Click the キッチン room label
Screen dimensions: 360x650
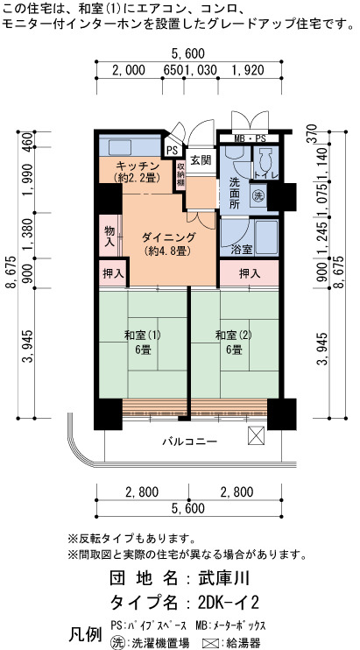138,166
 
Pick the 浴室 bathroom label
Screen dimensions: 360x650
242,250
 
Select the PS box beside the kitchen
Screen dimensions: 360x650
171,149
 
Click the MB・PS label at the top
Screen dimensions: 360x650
251,138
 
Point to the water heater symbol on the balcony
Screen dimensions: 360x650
256,435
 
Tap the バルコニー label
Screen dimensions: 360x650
189,442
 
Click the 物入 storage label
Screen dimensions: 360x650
109,236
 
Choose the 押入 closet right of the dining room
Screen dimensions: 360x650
250,273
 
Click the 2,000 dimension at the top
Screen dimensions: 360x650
129,70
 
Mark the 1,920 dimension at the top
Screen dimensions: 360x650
248,70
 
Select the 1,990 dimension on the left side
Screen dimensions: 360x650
28,180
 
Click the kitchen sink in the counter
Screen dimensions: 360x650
120,147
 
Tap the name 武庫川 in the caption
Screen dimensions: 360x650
224,577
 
